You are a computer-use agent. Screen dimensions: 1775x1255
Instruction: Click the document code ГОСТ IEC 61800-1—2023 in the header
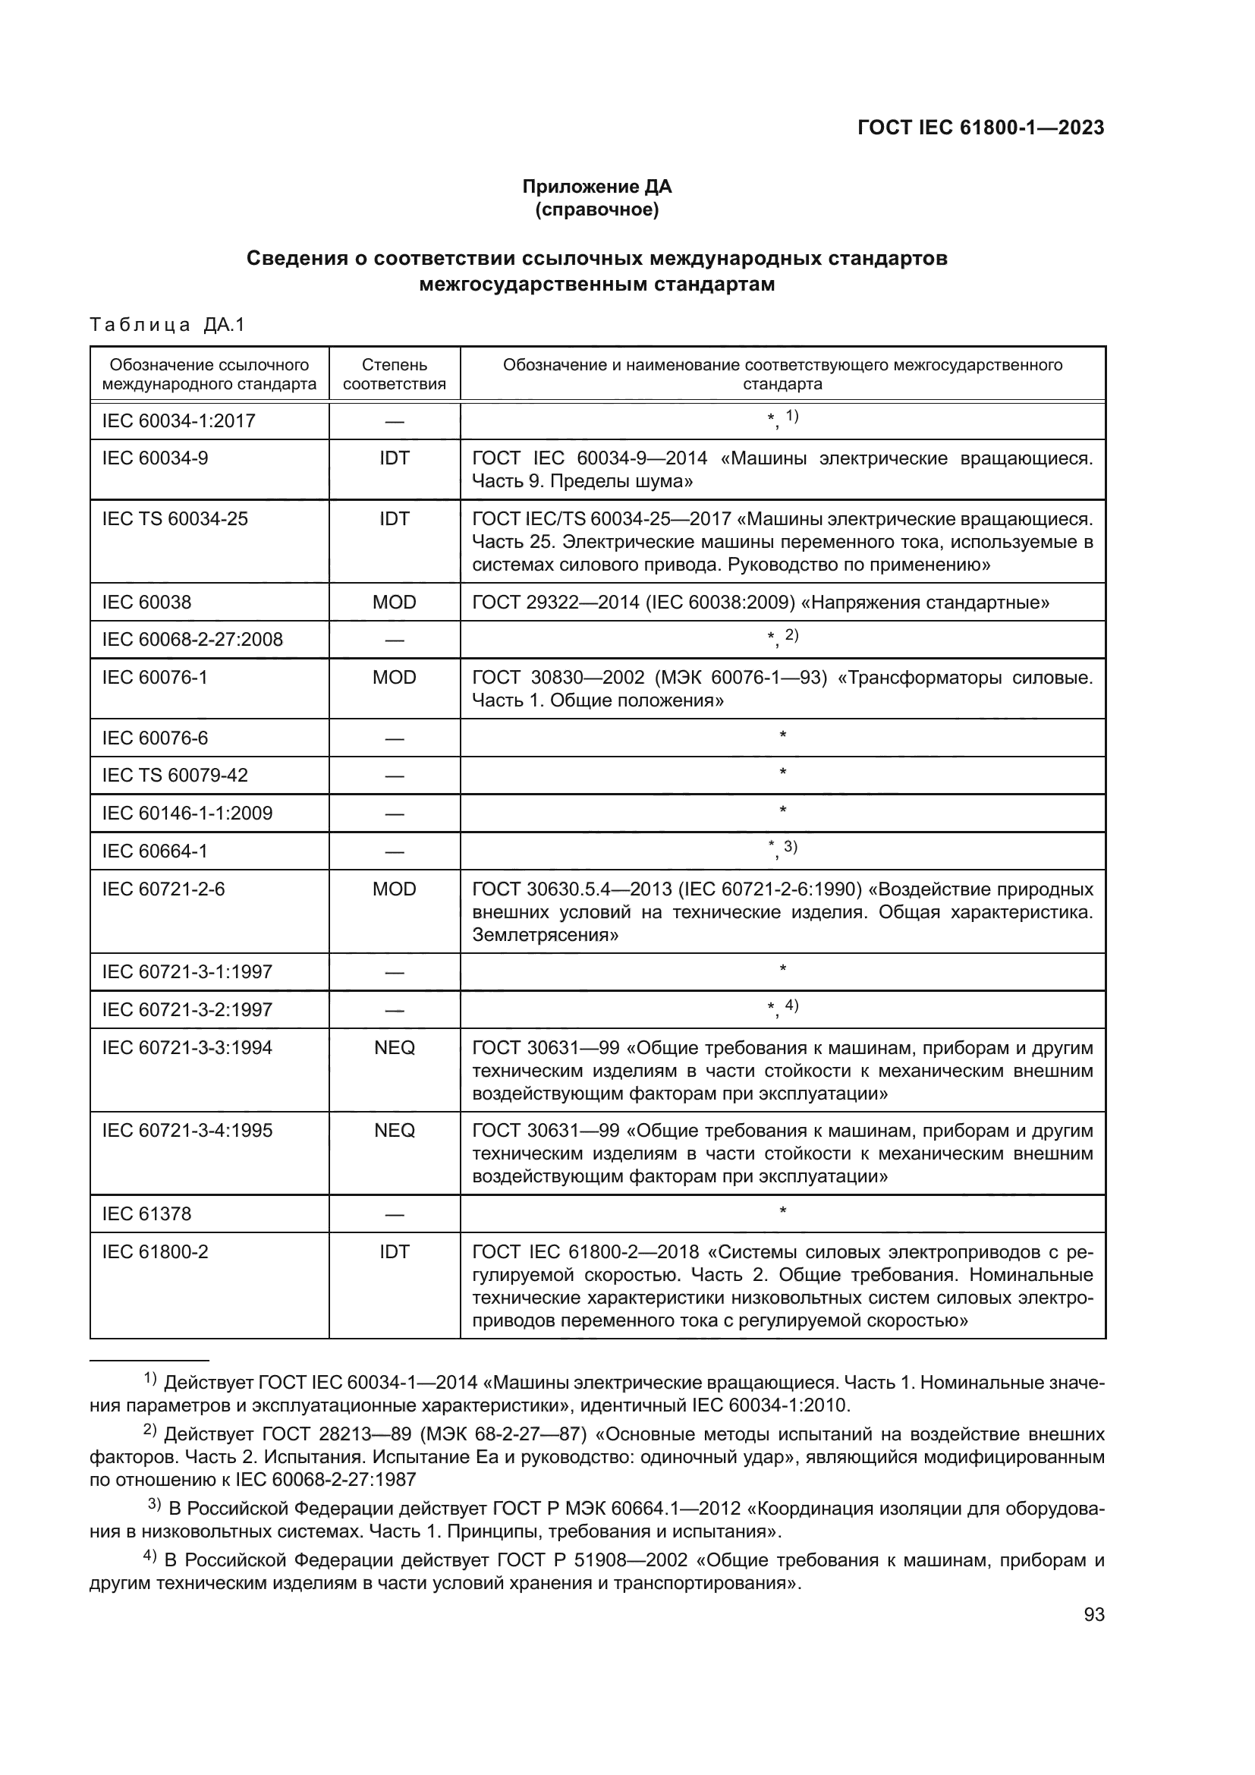click(x=980, y=127)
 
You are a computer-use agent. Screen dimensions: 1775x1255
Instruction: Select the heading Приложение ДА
click(x=596, y=187)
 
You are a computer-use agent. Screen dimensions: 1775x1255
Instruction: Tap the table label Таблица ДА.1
click(x=167, y=325)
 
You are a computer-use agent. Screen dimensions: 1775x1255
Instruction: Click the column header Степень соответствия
click(x=394, y=374)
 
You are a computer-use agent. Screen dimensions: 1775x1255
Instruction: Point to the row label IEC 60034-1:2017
click(x=178, y=421)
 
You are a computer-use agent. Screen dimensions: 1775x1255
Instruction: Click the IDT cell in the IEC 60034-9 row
click(x=394, y=458)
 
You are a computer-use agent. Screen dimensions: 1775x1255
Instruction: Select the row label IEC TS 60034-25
click(x=175, y=519)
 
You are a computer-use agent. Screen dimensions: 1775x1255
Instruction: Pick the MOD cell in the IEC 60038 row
click(x=394, y=603)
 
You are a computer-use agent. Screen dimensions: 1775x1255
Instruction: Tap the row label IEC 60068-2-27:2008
click(x=193, y=639)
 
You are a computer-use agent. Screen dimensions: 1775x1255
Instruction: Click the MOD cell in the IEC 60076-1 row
click(x=394, y=677)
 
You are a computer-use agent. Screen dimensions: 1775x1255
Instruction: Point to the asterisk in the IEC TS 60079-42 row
click(x=783, y=773)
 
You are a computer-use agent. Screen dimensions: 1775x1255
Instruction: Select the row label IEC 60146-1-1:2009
click(x=187, y=814)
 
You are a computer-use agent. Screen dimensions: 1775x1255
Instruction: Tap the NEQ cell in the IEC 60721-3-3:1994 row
click(x=394, y=1047)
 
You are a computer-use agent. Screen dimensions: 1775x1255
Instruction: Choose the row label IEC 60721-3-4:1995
click(x=187, y=1130)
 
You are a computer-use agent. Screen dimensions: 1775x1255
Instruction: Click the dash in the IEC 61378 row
click(x=394, y=1214)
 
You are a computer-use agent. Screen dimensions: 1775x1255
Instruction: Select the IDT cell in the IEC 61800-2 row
click(x=394, y=1251)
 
